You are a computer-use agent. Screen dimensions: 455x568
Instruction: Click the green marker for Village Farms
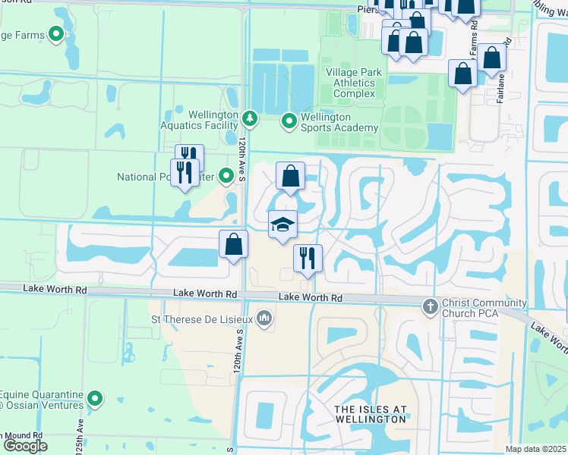56,34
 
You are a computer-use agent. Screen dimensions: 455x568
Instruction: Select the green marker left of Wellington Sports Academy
289,121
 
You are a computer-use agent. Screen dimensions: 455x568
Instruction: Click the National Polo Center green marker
226,177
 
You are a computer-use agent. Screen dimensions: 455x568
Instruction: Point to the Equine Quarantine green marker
95,398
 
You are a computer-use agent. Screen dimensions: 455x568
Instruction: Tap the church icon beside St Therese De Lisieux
264,317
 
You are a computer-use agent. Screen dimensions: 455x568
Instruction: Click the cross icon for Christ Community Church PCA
430,305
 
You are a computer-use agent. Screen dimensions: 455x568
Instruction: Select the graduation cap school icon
282,224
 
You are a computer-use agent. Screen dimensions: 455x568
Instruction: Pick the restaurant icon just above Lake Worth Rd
308,258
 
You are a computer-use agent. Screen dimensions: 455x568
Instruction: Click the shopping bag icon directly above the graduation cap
290,177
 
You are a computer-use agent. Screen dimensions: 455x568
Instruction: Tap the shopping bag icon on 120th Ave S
234,244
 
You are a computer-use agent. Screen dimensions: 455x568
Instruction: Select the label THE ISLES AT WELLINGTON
371,414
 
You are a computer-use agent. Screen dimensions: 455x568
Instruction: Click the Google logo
25,446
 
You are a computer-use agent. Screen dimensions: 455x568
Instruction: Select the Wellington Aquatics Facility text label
198,120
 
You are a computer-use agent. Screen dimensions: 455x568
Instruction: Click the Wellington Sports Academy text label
339,123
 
